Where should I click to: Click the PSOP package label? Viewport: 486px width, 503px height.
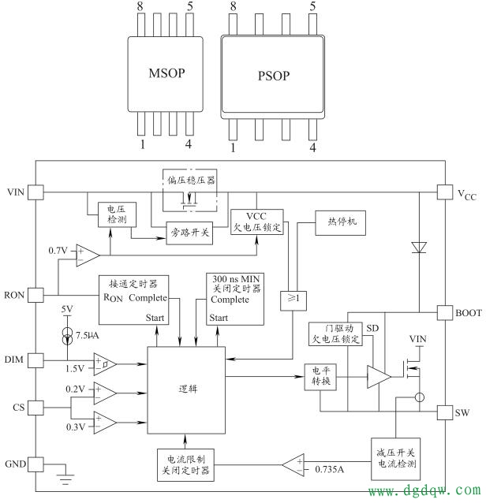[x=273, y=76]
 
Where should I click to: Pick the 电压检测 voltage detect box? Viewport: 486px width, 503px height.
[x=107, y=214]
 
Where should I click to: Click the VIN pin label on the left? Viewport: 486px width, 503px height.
[x=17, y=192]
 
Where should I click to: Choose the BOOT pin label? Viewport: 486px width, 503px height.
[x=468, y=313]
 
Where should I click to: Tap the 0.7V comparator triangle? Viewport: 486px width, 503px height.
[x=87, y=255]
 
